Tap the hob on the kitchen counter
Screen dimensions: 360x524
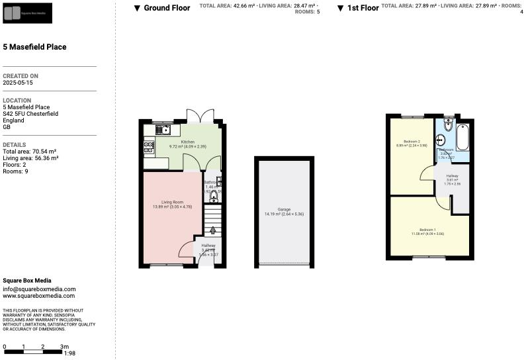click(148, 147)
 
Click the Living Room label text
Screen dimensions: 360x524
click(172, 202)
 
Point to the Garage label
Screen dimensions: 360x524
click(284, 210)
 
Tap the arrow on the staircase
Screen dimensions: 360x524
click(212, 230)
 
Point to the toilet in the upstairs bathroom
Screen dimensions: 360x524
click(448, 126)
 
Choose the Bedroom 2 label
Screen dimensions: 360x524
click(412, 142)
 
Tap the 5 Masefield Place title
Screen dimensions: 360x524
click(34, 47)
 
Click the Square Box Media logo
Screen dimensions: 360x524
click(27, 13)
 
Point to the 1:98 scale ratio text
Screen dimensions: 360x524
click(69, 353)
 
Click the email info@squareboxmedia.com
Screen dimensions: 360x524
click(39, 289)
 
